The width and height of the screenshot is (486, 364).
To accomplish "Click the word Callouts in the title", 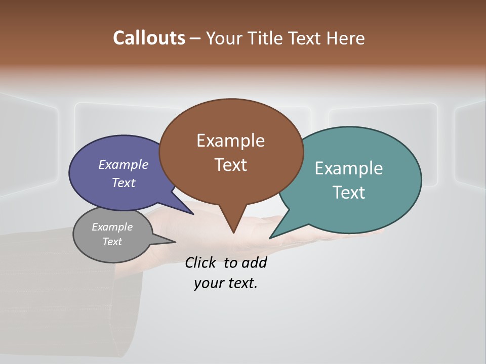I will pyautogui.click(x=149, y=38).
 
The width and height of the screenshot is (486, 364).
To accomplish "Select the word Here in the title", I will pyautogui.click(x=346, y=38).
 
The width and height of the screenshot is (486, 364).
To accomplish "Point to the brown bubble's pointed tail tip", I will pyautogui.click(x=233, y=233).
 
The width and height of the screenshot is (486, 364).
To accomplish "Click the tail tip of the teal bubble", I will pyautogui.click(x=270, y=238).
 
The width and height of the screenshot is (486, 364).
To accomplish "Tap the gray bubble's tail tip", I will pyautogui.click(x=175, y=242).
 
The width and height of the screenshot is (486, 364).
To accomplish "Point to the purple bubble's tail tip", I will pyautogui.click(x=193, y=214).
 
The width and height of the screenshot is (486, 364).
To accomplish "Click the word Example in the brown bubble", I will pyautogui.click(x=230, y=141).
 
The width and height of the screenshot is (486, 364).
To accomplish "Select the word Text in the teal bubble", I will pyautogui.click(x=349, y=193).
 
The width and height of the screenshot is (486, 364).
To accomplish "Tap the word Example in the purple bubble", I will pyautogui.click(x=124, y=165).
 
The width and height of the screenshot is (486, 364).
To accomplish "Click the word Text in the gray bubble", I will pyautogui.click(x=112, y=242).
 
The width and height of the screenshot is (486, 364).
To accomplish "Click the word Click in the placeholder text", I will pyautogui.click(x=200, y=263).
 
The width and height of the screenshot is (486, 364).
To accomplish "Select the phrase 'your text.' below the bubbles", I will pyautogui.click(x=226, y=283).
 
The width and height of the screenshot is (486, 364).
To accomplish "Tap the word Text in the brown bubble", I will pyautogui.click(x=231, y=165).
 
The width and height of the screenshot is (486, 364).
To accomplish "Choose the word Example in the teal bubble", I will pyautogui.click(x=349, y=168).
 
